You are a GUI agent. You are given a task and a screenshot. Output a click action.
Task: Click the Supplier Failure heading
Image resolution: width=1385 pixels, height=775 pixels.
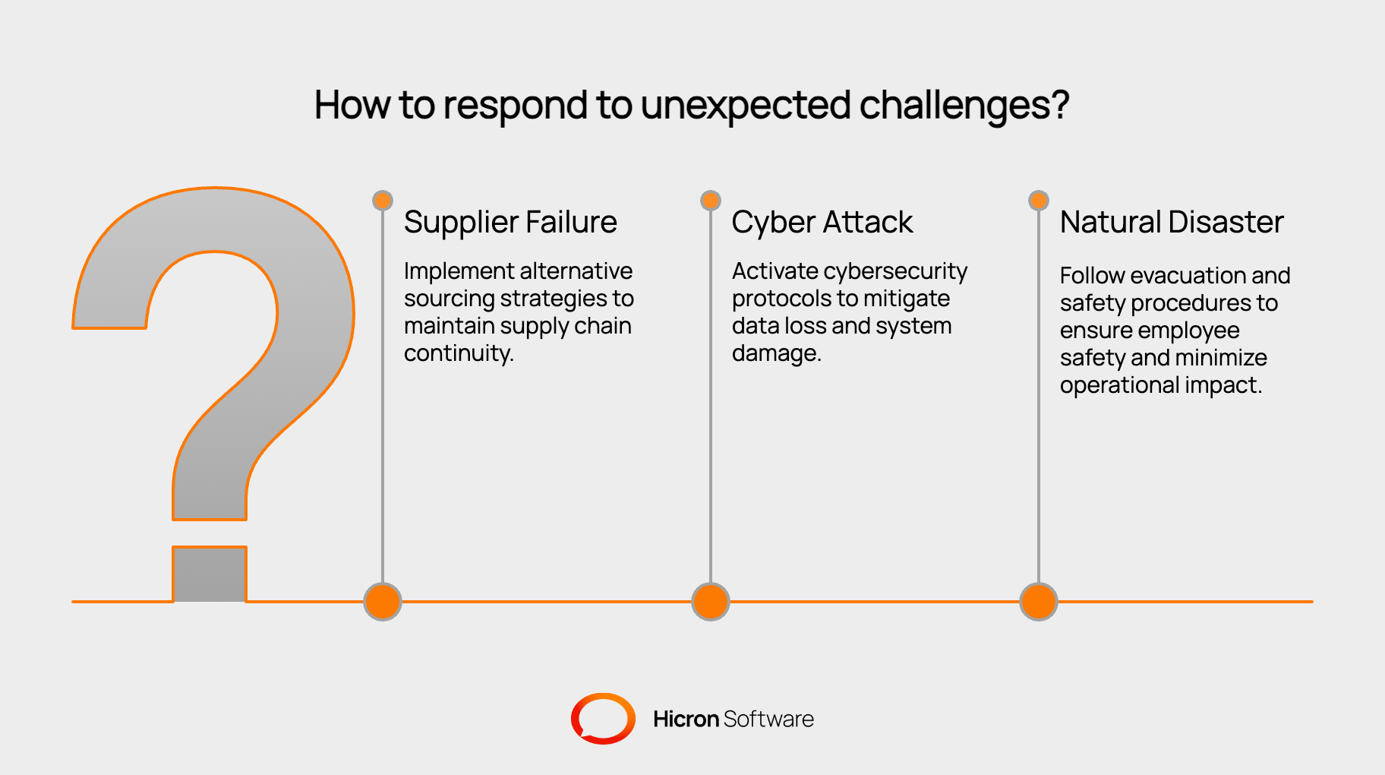510,223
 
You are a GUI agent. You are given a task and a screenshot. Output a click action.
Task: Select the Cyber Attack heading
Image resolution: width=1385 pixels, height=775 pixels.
822,223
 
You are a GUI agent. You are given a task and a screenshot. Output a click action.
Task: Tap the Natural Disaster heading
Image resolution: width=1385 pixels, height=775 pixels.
1172,223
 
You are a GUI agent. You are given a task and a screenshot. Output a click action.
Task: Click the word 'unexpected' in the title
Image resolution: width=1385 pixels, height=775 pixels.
746,106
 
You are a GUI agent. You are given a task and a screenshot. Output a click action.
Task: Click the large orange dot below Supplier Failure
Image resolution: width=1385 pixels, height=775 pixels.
383,602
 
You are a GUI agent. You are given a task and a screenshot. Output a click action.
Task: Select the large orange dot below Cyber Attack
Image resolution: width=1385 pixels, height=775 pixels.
711,602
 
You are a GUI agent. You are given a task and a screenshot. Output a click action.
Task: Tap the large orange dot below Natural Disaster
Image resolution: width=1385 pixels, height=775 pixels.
1039,602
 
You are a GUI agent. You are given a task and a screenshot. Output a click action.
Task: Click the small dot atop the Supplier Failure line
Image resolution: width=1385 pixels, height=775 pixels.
383,200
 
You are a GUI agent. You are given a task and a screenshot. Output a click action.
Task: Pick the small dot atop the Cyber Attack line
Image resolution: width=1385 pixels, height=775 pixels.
711,200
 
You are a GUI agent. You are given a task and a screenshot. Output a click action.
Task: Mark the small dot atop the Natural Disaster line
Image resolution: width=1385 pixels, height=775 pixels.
1039,200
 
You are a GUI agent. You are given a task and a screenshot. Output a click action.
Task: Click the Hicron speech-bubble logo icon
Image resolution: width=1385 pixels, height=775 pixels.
603,718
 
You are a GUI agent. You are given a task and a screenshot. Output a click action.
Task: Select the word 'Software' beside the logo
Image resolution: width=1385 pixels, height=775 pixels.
768,719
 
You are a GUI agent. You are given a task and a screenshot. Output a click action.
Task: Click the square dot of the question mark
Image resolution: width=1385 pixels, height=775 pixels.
210,574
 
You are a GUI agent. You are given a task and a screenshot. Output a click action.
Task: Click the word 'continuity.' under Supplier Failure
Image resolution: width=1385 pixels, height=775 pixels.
459,353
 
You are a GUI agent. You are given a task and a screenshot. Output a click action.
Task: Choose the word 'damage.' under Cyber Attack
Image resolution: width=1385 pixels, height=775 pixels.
776,353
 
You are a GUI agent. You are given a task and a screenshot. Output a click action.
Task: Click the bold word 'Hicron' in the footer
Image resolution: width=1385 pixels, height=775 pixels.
686,719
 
